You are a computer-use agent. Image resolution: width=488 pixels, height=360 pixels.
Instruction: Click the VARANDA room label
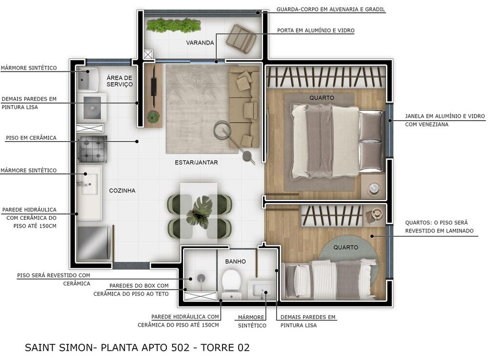(200, 42)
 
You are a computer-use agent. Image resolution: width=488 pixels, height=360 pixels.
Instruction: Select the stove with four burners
(93, 149)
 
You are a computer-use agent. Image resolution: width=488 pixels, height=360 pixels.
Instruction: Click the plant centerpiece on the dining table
(199, 213)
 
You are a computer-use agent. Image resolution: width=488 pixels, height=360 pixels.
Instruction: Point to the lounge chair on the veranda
(241, 39)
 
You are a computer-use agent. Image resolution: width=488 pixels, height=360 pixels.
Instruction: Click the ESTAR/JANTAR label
(190, 162)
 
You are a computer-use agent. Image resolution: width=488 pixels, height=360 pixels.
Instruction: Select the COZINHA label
(122, 191)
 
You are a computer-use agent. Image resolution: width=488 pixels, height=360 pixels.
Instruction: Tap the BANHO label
(235, 261)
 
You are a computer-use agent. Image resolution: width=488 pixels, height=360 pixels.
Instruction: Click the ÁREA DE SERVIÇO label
(120, 81)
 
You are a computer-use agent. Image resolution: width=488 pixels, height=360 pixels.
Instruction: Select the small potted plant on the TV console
(153, 117)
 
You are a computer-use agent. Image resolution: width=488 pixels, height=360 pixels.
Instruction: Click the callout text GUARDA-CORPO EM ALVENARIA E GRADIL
(330, 9)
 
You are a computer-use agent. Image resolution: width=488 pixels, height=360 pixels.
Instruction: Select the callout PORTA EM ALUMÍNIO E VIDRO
(316, 30)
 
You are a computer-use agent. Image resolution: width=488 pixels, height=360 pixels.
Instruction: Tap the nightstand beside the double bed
(374, 187)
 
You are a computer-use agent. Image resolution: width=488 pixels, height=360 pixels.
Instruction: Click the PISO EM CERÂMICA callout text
(31, 138)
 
